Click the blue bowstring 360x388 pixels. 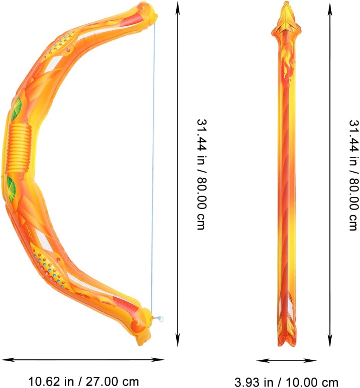(x=153, y=168)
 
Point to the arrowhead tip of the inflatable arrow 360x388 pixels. (x=286, y=2)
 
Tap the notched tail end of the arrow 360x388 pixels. (x=286, y=343)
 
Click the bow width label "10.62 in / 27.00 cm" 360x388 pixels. (x=84, y=381)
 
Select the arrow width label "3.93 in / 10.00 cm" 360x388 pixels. (x=286, y=382)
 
